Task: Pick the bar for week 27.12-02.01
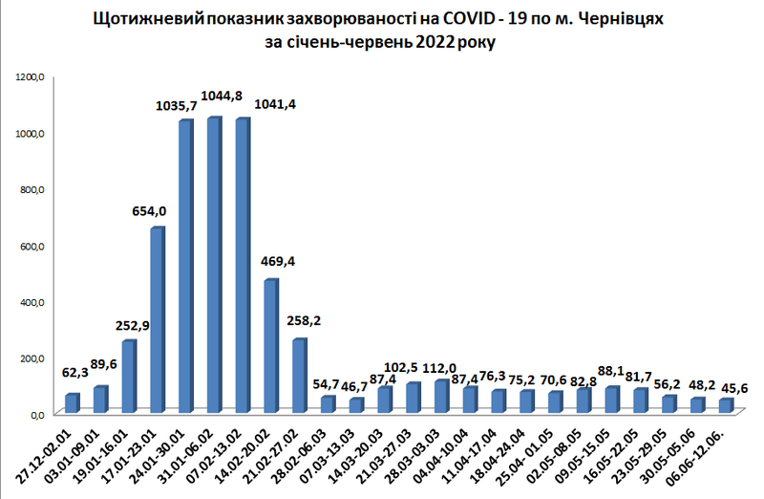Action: coord(73,403)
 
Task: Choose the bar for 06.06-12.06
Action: coord(726,405)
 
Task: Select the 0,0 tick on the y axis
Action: coord(36,414)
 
